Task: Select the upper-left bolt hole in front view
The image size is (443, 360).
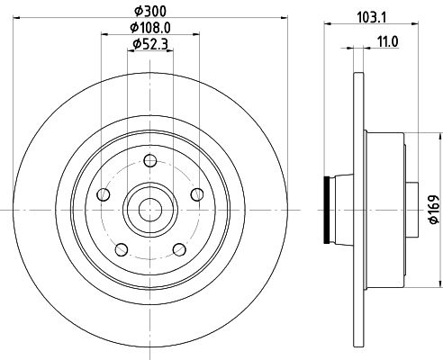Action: click(104, 195)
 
